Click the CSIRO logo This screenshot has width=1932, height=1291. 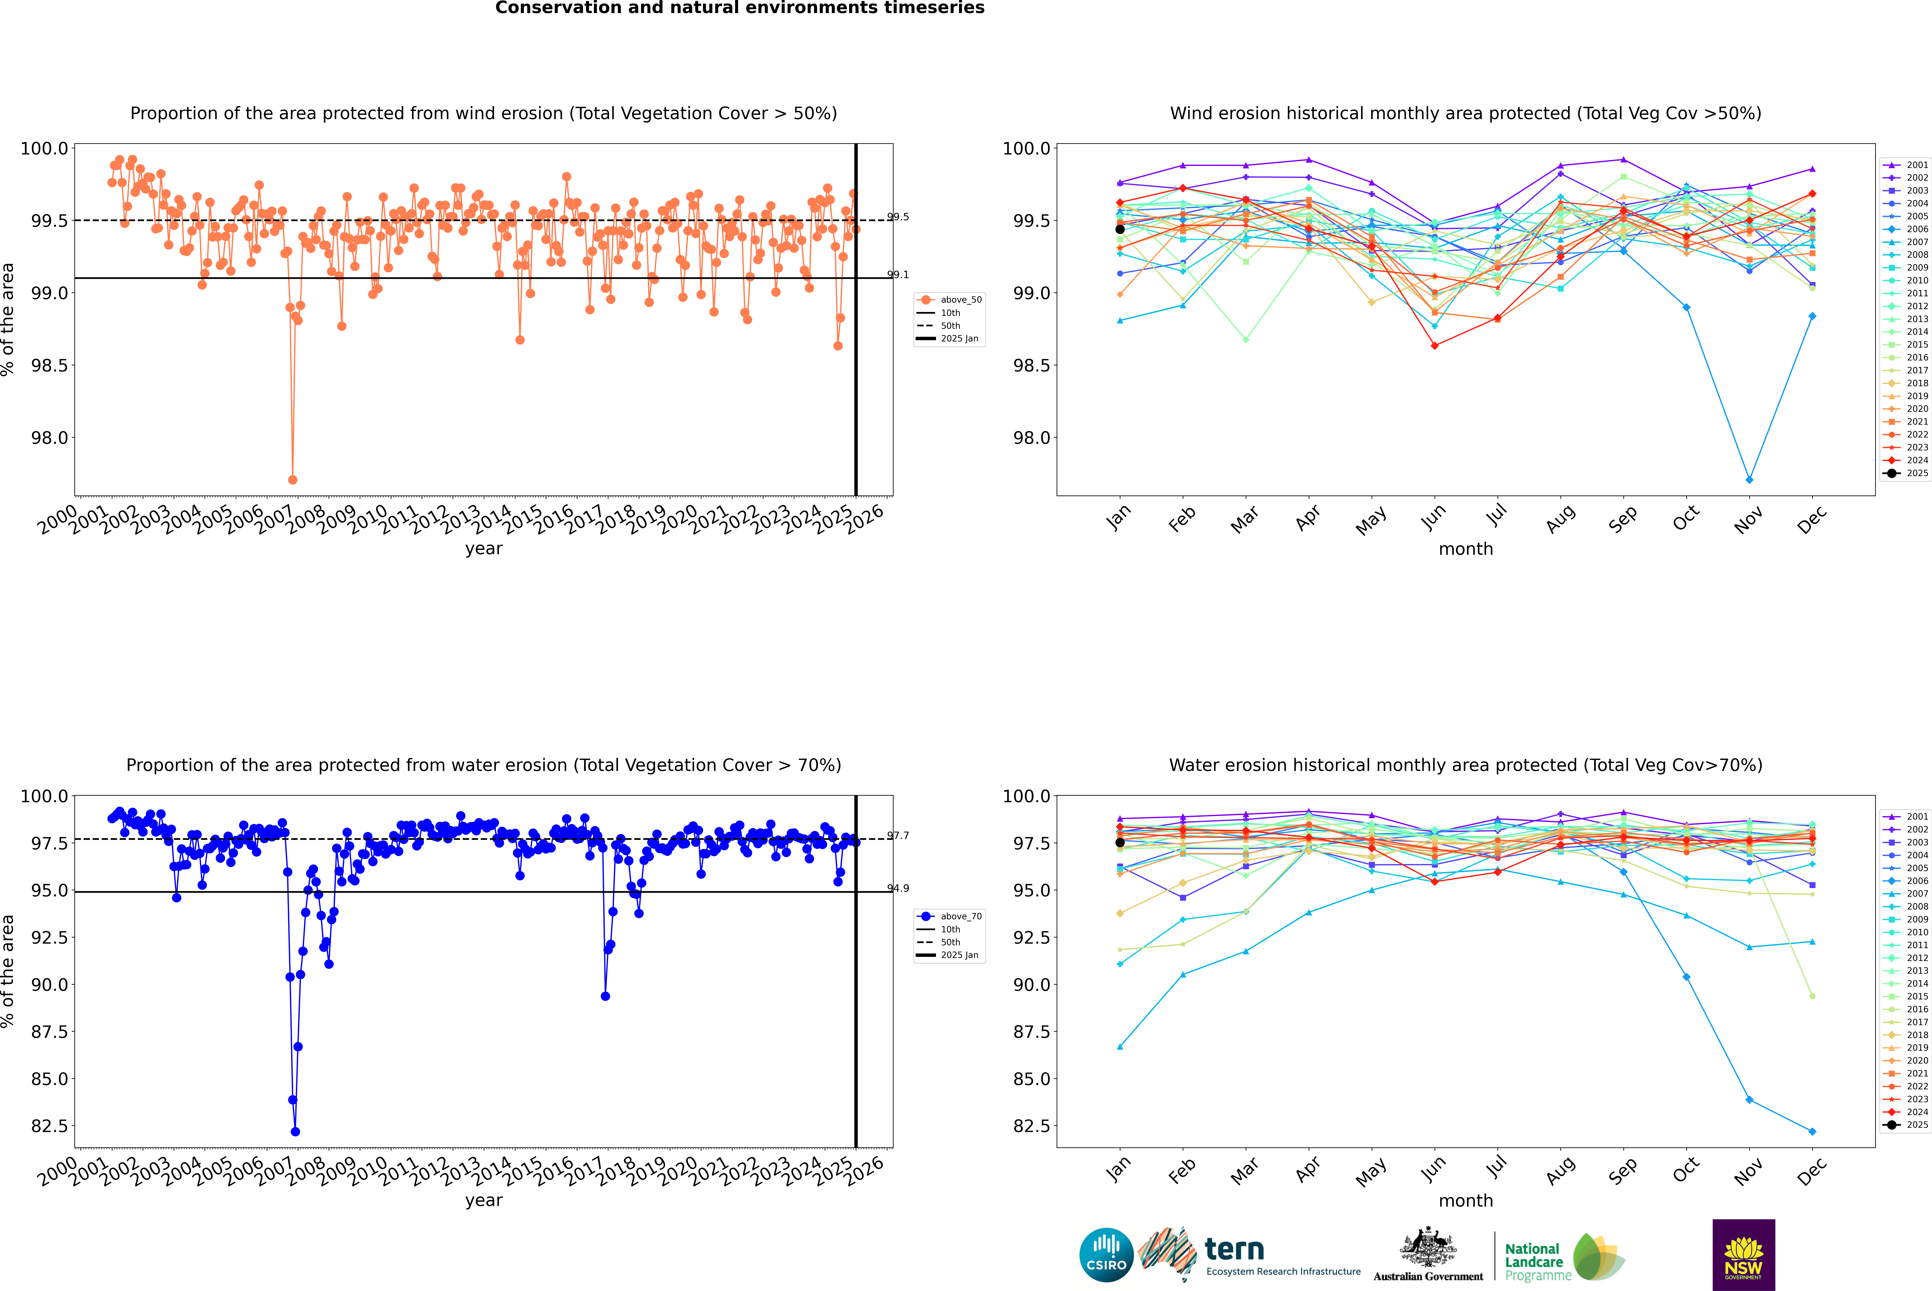pyautogui.click(x=1106, y=1255)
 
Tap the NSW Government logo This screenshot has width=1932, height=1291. pyautogui.click(x=1743, y=1255)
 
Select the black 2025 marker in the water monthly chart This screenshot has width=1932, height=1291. pyautogui.click(x=1120, y=842)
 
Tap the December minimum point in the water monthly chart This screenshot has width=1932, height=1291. pyautogui.click(x=1812, y=1131)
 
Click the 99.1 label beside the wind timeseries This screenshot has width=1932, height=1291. pyautogui.click(x=898, y=275)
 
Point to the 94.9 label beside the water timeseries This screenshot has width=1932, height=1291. pyautogui.click(x=898, y=888)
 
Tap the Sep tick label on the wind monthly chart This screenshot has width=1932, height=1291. pyautogui.click(x=1622, y=519)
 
